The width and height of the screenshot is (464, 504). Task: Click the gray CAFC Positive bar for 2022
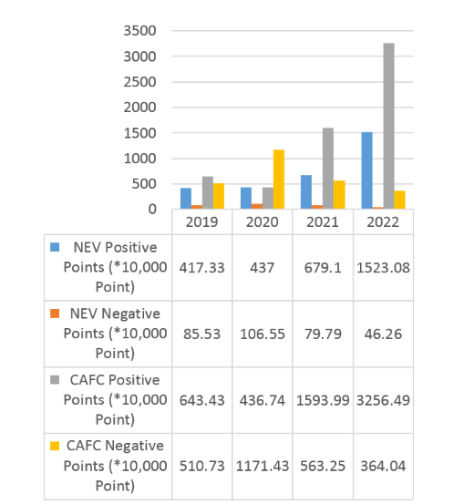388,126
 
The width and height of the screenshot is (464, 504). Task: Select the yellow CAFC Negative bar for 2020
279,180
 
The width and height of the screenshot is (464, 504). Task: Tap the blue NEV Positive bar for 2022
366,170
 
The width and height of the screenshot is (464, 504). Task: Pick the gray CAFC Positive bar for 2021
328,169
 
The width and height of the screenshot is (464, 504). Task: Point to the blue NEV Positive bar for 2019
186,199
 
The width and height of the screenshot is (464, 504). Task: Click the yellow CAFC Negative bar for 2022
399,200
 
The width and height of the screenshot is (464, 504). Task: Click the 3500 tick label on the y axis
139,31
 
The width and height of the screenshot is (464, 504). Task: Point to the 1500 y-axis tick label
139,133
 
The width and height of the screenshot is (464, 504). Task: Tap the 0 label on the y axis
152,210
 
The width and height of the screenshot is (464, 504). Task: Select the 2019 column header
202,222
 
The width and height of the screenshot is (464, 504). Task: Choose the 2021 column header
323,222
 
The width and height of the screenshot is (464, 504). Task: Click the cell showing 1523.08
383,268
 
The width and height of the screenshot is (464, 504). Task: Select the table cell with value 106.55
263,334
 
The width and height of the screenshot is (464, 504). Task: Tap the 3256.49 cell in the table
383,400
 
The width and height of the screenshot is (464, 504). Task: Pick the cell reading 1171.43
263,466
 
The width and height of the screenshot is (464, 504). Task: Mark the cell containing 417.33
202,268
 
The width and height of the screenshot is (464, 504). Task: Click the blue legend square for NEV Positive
55,247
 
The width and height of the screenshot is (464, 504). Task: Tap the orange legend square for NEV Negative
55,314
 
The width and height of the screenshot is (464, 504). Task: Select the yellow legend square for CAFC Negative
55,446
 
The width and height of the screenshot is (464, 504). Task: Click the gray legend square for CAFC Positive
55,380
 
